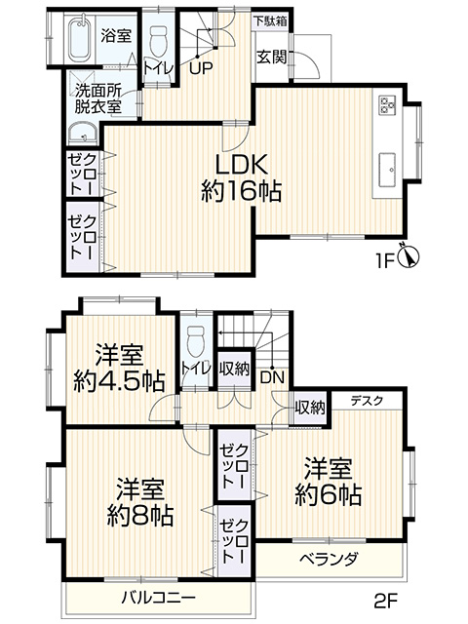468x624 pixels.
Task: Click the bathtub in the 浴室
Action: point(81,38)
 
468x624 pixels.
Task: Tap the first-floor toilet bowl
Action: point(158,42)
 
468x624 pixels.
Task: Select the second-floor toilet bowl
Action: point(195,342)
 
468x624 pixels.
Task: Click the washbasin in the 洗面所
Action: point(82,134)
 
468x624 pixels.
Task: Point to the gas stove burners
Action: point(387,104)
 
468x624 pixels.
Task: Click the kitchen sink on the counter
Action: point(387,170)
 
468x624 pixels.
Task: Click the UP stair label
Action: point(202,69)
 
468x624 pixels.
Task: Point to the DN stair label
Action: point(273,377)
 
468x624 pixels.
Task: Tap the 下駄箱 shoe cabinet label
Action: point(271,21)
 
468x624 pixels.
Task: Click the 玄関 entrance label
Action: point(271,58)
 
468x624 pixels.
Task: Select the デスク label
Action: point(367,401)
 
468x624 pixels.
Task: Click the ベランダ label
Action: point(329,559)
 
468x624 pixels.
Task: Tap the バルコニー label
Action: point(159,598)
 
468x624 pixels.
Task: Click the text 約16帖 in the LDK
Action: point(242,191)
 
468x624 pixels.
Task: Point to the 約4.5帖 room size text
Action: point(119,381)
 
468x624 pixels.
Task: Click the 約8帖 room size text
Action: point(140,516)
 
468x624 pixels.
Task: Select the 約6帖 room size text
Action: point(329,494)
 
